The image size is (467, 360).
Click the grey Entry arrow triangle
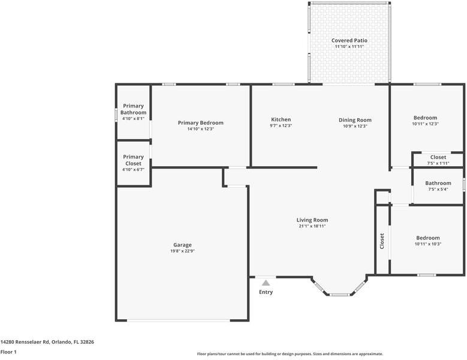pos(266,283)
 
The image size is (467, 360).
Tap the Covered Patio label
pos(350,40)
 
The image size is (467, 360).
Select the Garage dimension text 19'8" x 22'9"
pos(182,251)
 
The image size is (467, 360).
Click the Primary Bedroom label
pos(200,123)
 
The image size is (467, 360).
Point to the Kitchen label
pos(281,119)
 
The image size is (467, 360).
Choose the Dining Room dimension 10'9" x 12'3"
pos(355,126)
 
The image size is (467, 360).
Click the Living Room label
pos(312,220)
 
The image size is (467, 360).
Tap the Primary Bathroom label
pos(134,109)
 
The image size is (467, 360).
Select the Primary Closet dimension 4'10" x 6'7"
pos(134,170)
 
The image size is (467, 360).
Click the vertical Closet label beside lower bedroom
pos(382,241)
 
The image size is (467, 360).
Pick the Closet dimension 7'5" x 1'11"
pos(438,163)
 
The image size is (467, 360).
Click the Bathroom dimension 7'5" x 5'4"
pos(438,189)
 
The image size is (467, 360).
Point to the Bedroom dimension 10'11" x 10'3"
pos(428,244)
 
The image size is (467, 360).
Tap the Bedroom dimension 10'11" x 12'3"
pos(425,124)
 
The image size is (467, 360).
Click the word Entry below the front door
pos(266,292)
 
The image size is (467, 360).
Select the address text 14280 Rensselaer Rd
pos(25,342)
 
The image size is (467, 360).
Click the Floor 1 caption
pos(8,352)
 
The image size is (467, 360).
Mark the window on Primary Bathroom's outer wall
pos(116,115)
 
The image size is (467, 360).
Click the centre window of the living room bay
pos(339,295)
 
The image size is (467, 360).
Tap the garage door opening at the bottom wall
pos(179,320)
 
